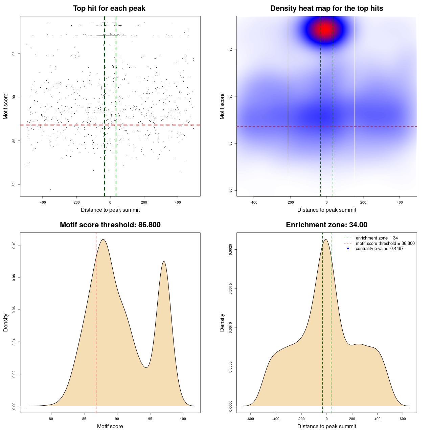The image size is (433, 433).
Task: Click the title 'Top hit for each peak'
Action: pyautogui.click(x=109, y=8)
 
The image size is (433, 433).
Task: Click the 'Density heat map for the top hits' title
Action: pyautogui.click(x=326, y=8)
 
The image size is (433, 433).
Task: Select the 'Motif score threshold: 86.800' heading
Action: pyautogui.click(x=110, y=225)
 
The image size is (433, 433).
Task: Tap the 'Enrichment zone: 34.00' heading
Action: pyautogui.click(x=326, y=225)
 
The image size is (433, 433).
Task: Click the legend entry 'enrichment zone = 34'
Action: pyautogui.click(x=377, y=238)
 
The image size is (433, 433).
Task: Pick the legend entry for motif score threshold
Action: pyautogui.click(x=385, y=244)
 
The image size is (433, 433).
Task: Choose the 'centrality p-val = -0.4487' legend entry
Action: pyautogui.click(x=380, y=249)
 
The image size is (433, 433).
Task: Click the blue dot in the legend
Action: pyautogui.click(x=348, y=249)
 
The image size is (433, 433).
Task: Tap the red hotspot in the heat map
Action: pyautogui.click(x=325, y=29)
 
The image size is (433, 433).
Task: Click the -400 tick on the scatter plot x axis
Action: pyautogui.click(x=43, y=202)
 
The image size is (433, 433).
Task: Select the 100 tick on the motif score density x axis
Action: pyautogui.click(x=183, y=419)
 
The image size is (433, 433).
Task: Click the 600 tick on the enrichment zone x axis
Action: pyautogui.click(x=403, y=419)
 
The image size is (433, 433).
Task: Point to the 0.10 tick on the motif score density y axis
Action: pyautogui.click(x=14, y=245)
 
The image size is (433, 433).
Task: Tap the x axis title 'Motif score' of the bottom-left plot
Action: pyautogui.click(x=110, y=427)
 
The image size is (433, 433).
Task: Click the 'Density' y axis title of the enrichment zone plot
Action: pyautogui.click(x=222, y=322)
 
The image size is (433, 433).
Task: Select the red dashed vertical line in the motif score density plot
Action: pyautogui.click(x=96, y=321)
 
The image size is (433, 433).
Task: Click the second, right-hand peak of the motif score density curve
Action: pyautogui.click(x=164, y=262)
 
